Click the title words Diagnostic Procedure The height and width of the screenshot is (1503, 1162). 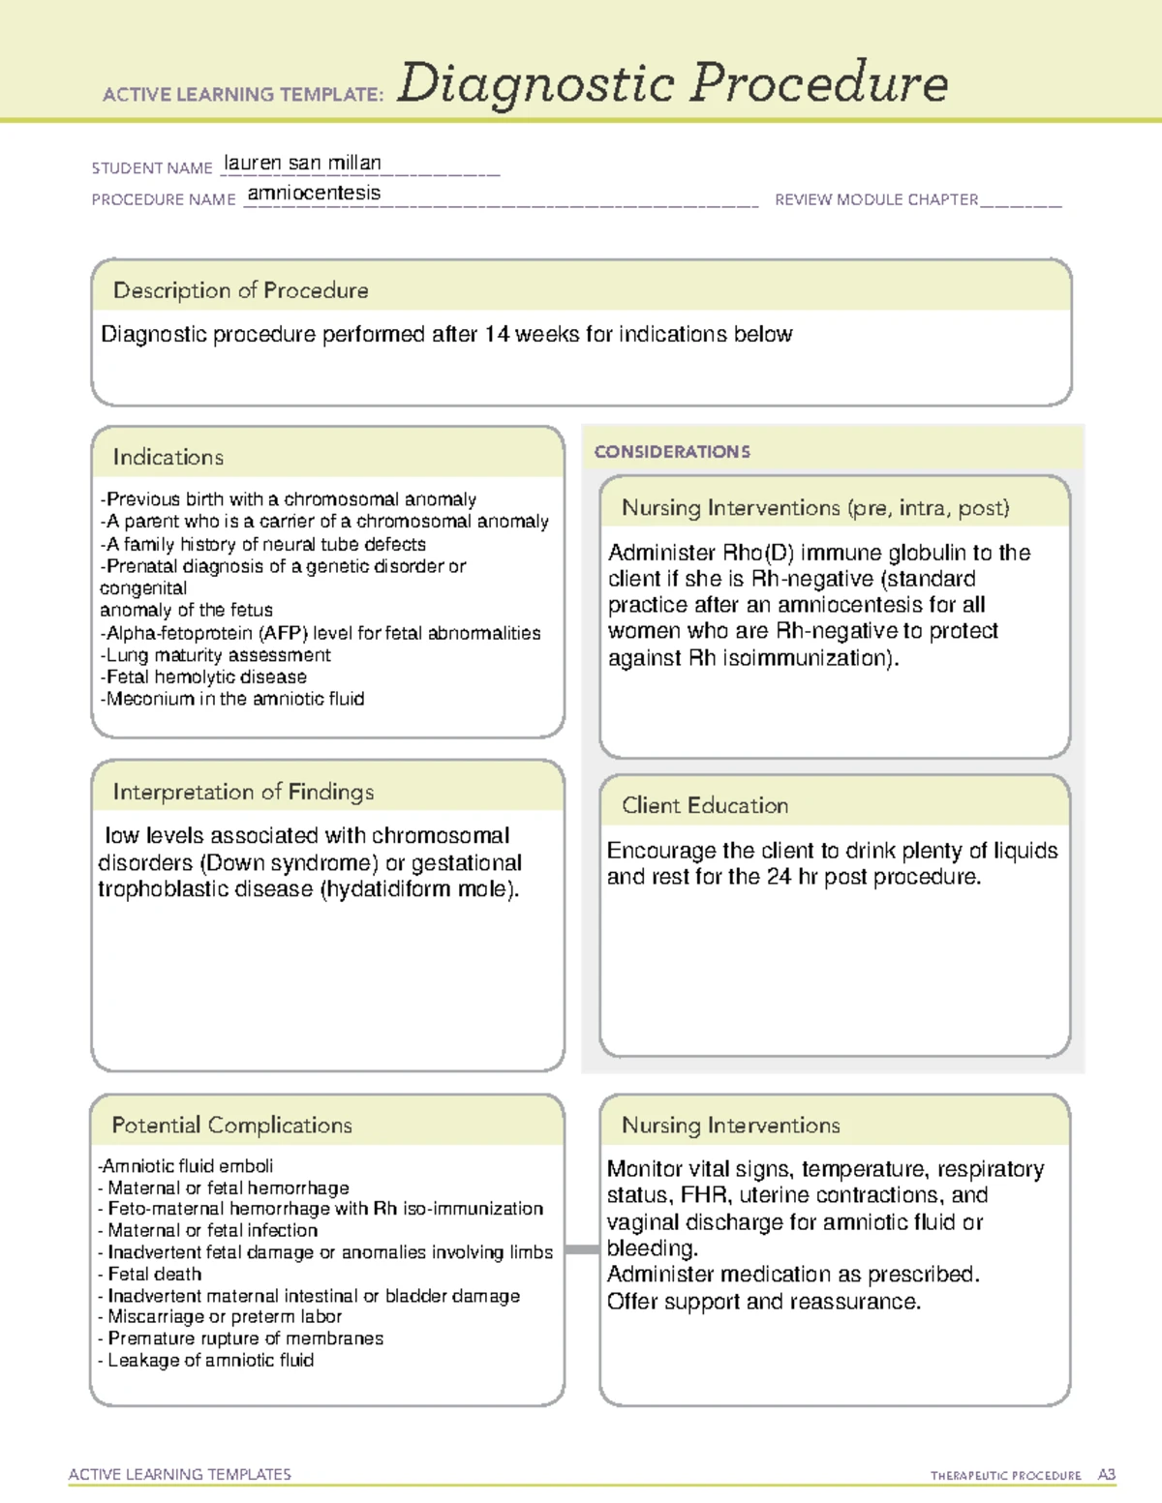pos(672,83)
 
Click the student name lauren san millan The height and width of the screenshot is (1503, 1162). pos(302,163)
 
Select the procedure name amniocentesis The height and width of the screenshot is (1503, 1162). pos(314,193)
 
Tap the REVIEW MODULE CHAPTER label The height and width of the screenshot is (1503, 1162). pos(875,199)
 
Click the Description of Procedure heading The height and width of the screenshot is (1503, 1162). pos(240,290)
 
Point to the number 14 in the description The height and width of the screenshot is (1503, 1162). pos(497,334)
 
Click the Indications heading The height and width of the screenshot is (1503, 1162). pos(168,457)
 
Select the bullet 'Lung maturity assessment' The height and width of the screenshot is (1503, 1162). pos(218,655)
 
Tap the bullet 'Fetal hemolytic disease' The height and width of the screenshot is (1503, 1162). pos(205,676)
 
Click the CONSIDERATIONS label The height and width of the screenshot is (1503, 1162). pos(671,452)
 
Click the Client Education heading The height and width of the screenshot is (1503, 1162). pos(704,805)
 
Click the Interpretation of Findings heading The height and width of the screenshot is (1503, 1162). pos(242,792)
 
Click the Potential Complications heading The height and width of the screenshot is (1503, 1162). pos(231,1125)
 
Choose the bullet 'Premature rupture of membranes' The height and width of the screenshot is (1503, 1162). pos(244,1338)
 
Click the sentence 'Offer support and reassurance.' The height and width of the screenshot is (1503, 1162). pos(763,1302)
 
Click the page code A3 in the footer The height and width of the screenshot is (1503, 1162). pos(1106,1475)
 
